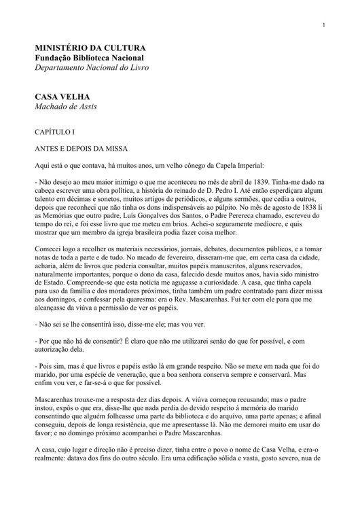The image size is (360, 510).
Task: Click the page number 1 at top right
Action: tap(325, 25)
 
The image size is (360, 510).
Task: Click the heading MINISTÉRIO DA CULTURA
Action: tap(90, 48)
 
